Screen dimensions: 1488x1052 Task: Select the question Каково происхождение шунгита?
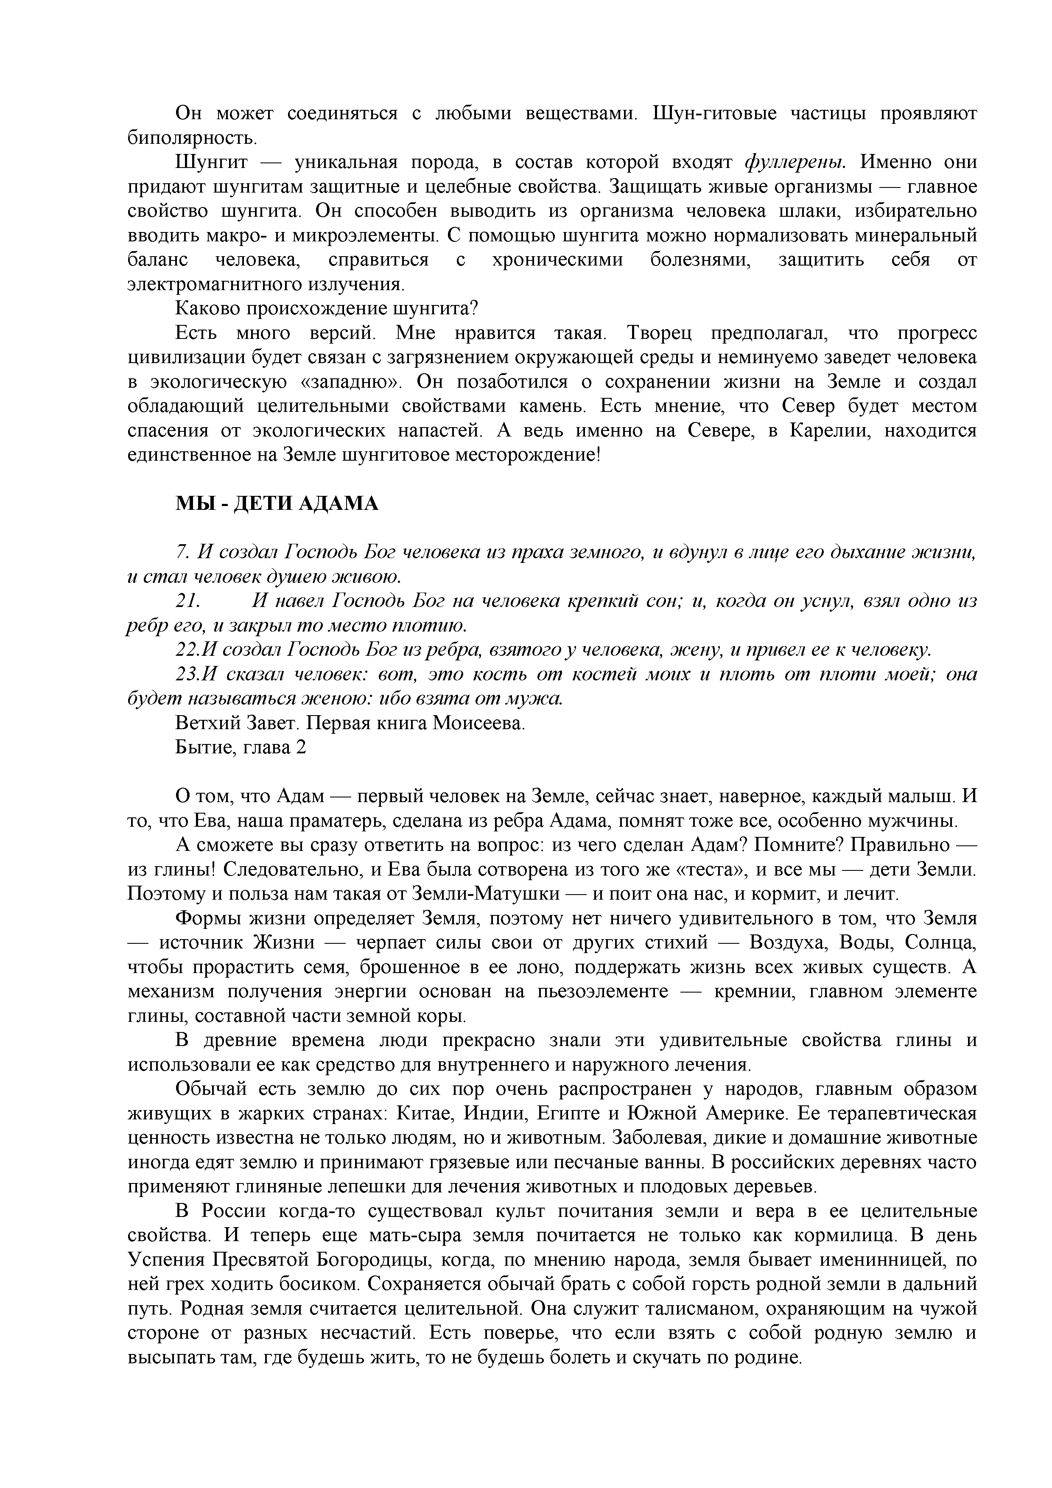[326, 308]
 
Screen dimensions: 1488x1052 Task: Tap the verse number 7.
[182, 552]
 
